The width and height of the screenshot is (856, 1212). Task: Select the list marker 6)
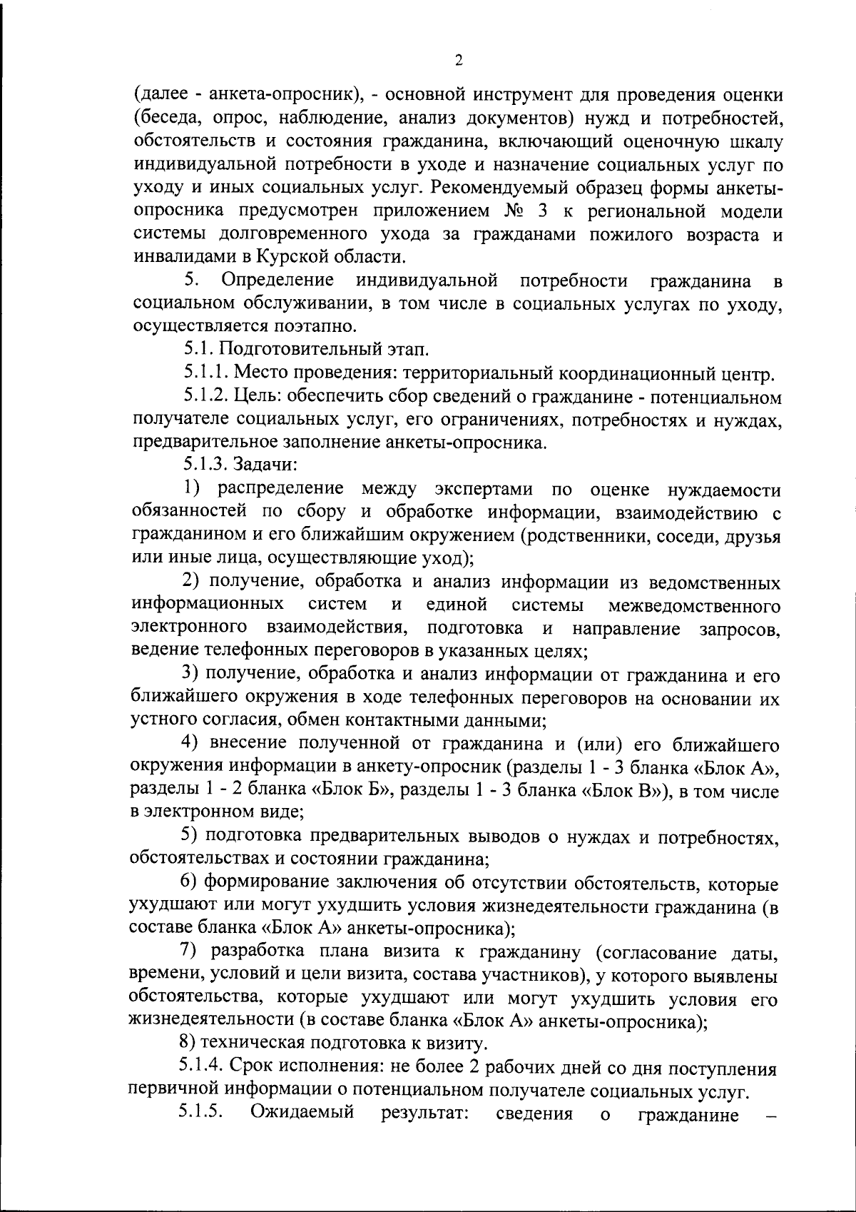[189, 883]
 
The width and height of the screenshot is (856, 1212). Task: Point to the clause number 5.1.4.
[205, 1068]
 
